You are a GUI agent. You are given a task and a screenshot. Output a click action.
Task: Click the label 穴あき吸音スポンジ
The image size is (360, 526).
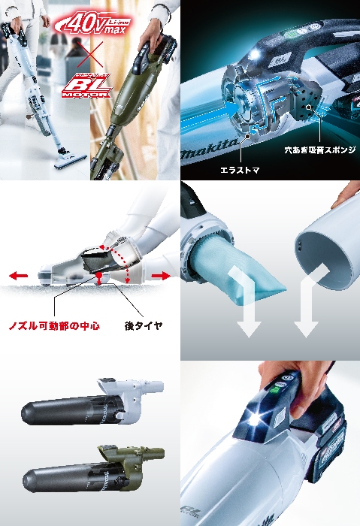click(x=319, y=150)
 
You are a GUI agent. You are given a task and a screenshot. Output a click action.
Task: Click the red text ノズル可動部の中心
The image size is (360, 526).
click(x=53, y=326)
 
